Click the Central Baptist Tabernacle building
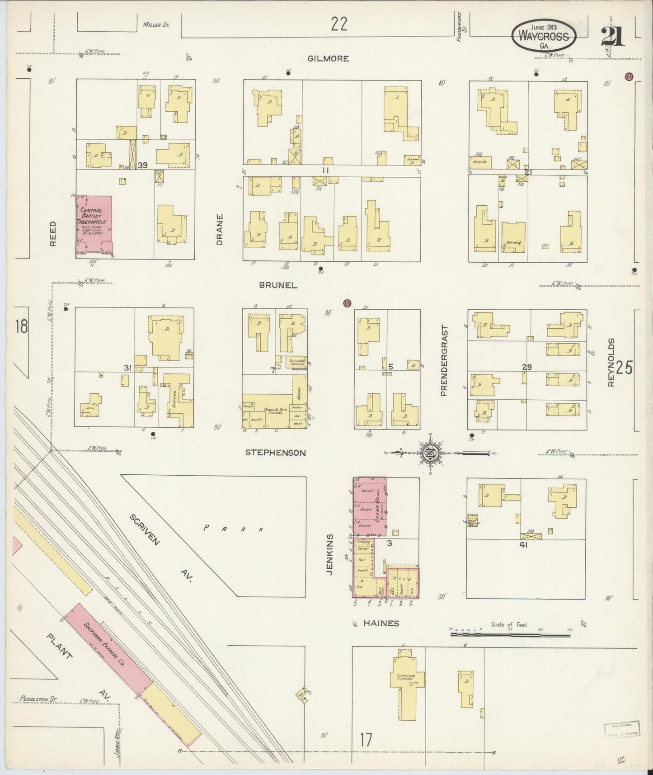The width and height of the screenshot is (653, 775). pos(94,225)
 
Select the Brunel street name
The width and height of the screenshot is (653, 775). pos(278,285)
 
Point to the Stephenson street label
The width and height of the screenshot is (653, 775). pos(276,453)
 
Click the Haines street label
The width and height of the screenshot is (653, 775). pos(381,623)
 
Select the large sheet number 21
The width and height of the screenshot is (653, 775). pos(613,36)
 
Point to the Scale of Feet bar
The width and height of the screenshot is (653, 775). pos(511,634)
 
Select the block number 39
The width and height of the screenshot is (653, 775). pos(143,165)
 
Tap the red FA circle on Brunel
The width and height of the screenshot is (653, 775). pos(347,303)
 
